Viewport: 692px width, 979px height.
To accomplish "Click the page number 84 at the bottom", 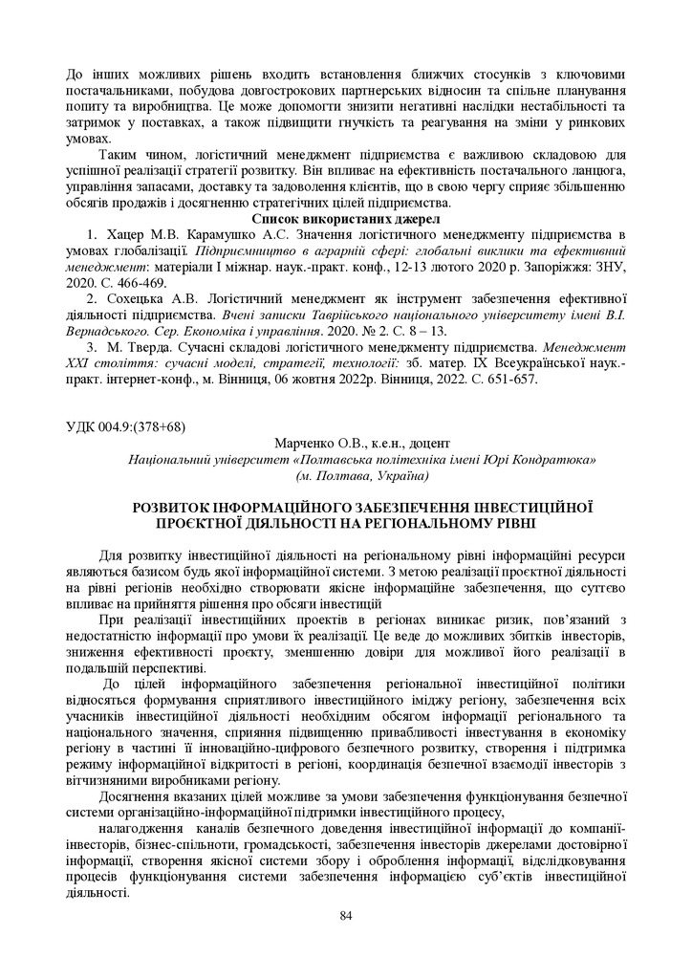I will pyautogui.click(x=346, y=917).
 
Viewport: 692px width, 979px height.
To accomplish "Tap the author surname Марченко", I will pyautogui.click(x=305, y=443).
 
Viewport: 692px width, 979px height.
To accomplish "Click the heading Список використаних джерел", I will pyautogui.click(x=345, y=219).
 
